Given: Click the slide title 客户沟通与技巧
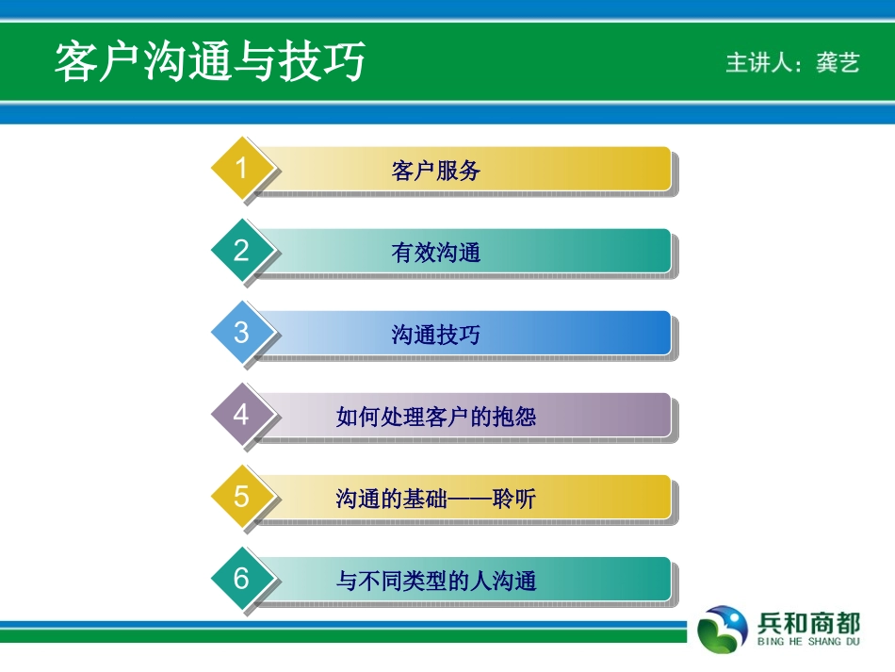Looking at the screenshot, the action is pos(209,61).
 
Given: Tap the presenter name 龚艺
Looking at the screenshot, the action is pos(838,62).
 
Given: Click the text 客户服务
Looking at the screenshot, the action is pos(436,171).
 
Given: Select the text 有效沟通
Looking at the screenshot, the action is pos(436,253).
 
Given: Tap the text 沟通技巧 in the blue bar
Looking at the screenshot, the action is pos(436,336).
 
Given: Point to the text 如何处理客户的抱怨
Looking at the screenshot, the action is pos(436,417).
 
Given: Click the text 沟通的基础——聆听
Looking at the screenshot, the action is pos(436,499).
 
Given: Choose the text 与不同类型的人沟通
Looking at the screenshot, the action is pos(436,582).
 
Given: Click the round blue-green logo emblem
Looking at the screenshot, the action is pos(723,630).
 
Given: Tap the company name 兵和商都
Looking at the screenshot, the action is pos(808,623).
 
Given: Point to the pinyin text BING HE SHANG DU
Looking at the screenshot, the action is pos(808,642).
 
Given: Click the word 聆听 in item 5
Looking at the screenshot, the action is pos(514,499).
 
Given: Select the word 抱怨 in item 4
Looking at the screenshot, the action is pos(514,417).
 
